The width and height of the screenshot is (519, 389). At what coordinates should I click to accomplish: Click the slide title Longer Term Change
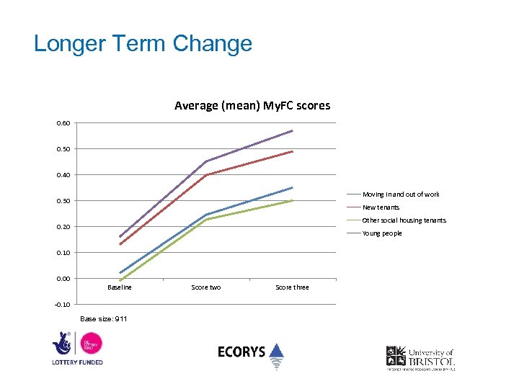[143, 43]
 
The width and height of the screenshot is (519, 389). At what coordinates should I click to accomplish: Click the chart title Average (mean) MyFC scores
[252, 106]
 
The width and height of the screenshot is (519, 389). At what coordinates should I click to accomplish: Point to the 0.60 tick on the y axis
[63, 123]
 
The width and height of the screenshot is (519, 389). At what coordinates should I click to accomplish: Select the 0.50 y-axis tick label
[63, 149]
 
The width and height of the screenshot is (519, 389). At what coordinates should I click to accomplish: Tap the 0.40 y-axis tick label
[63, 175]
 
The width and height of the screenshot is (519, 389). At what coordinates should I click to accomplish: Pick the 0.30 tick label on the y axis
[63, 201]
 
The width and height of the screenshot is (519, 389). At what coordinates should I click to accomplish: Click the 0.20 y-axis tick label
[63, 227]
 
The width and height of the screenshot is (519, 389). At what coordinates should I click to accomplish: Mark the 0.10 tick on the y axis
[63, 253]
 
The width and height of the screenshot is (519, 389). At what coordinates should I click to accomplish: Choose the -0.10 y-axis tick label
[63, 305]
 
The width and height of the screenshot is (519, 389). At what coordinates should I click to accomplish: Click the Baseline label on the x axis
[120, 287]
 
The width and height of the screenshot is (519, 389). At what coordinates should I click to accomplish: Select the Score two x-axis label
[206, 287]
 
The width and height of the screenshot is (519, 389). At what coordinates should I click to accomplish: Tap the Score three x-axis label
[292, 287]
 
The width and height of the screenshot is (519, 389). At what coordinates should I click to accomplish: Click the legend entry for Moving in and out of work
[401, 194]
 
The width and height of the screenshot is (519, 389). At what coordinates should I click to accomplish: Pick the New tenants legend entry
[381, 207]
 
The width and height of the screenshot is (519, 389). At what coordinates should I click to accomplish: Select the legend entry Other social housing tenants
[404, 220]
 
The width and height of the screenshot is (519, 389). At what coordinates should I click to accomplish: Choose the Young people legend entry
[382, 233]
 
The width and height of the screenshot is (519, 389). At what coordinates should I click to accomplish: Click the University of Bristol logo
[420, 357]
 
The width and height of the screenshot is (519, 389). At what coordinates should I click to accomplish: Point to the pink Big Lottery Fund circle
[91, 343]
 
